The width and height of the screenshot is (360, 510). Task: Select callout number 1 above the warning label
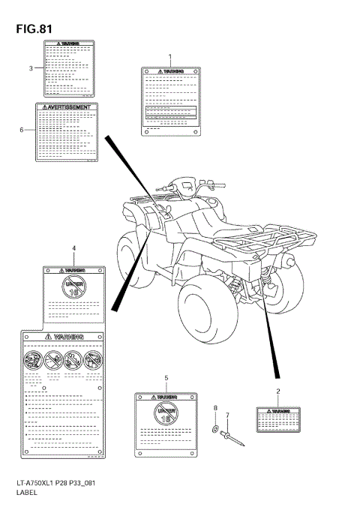pyautogui.click(x=169, y=58)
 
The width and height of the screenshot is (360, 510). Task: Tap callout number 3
pyautogui.click(x=31, y=68)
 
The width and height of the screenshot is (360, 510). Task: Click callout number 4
pyautogui.click(x=73, y=247)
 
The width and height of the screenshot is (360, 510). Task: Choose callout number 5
pyautogui.click(x=166, y=378)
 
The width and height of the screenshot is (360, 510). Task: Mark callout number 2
pyautogui.click(x=278, y=391)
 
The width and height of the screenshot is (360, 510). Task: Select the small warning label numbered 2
pyautogui.click(x=278, y=419)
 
